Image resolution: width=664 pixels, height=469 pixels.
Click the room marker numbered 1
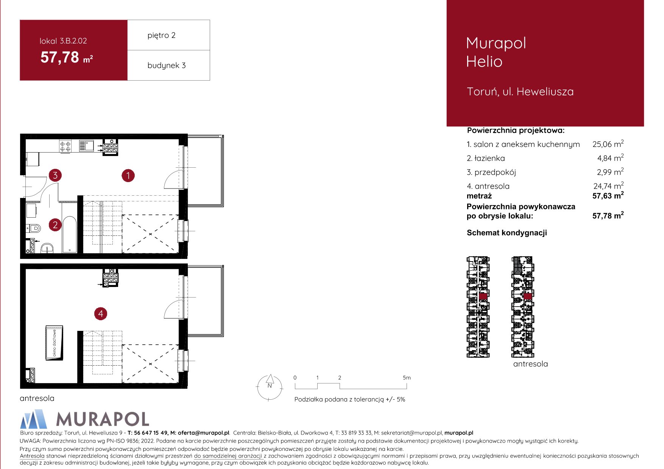(x=128, y=176)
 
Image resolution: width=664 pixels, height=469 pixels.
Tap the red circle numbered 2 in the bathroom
(x=55, y=225)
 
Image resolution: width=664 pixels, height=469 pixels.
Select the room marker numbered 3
(x=55, y=175)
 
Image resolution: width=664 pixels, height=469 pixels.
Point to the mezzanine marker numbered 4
(x=101, y=314)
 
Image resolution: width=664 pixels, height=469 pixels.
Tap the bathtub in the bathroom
(x=70, y=234)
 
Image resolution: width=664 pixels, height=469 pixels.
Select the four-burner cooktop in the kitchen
(x=65, y=146)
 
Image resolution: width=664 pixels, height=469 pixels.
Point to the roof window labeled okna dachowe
(x=54, y=343)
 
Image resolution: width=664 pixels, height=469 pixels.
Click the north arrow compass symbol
(x=270, y=387)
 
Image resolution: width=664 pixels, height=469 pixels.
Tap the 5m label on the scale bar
(x=407, y=378)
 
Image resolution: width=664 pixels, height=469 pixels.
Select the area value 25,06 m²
(x=608, y=144)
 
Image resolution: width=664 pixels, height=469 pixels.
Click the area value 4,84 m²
(x=610, y=158)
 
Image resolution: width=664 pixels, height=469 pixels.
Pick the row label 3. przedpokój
(x=491, y=172)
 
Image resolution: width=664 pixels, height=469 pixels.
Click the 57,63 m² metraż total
(x=608, y=196)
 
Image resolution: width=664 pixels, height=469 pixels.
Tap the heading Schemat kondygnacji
(x=507, y=233)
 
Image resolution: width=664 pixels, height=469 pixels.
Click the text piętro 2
(x=162, y=36)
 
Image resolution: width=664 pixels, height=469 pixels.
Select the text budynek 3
(x=167, y=65)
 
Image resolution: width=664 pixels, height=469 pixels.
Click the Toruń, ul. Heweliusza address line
(x=520, y=92)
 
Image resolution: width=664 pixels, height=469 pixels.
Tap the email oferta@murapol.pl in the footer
(x=204, y=433)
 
